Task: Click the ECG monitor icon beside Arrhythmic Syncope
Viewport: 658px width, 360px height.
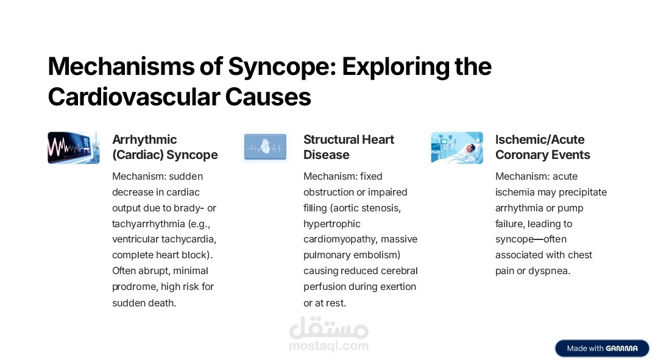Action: point(74,148)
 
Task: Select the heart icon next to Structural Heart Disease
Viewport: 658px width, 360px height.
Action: point(265,148)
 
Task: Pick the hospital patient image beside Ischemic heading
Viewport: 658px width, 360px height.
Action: point(457,148)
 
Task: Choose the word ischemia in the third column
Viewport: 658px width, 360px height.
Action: point(515,192)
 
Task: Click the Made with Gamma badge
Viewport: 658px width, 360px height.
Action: point(602,348)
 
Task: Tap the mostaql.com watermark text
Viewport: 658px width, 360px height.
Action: point(328,346)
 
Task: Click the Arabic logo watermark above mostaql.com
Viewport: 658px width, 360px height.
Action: point(328,329)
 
